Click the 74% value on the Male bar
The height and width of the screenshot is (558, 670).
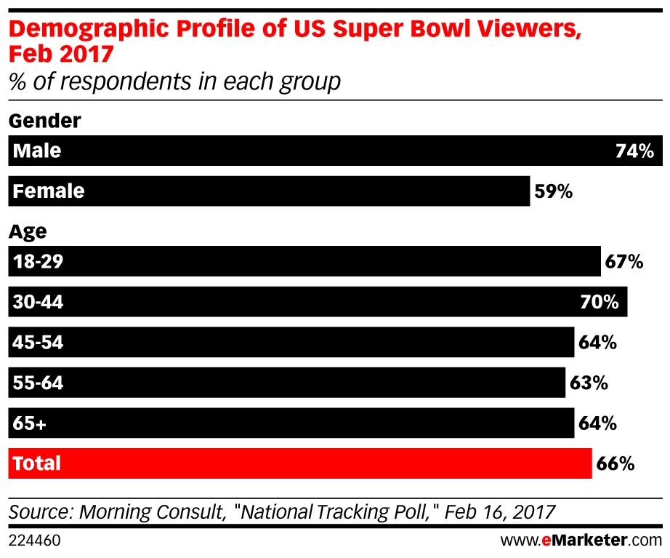[634, 151]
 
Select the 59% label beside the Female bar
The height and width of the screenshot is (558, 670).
[554, 192]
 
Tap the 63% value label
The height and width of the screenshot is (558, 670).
[589, 383]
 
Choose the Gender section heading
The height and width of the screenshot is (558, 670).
[44, 120]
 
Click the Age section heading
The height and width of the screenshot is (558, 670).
[28, 231]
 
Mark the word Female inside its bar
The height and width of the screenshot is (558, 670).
[49, 192]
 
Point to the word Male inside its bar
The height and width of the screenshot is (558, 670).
[37, 151]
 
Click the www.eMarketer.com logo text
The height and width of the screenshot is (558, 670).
[581, 541]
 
